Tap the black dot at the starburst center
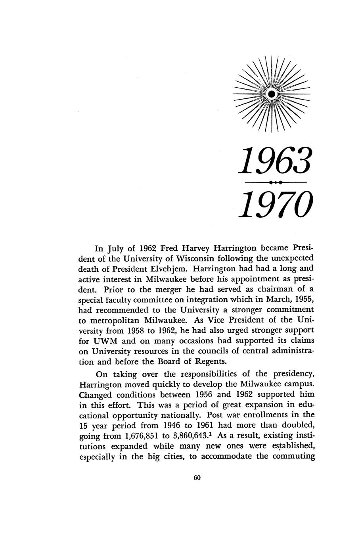coord(272,94)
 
